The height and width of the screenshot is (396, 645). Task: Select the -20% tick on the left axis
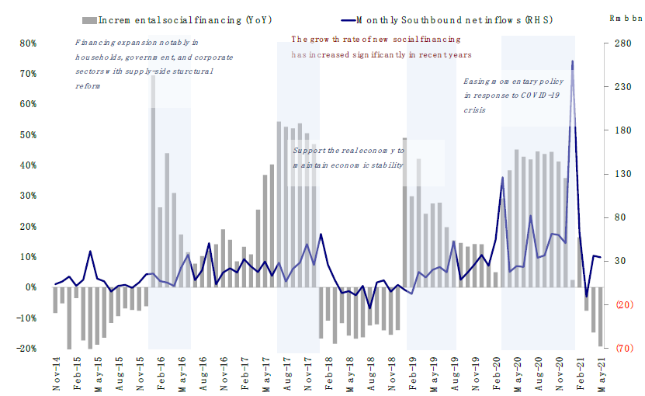(x=26, y=349)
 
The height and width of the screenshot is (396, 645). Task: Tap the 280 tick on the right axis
(x=619, y=43)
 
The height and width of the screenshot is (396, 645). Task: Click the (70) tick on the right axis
(x=619, y=349)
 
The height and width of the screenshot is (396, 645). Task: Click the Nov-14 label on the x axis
(x=56, y=374)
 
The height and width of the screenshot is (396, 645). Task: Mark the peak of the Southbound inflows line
(x=573, y=61)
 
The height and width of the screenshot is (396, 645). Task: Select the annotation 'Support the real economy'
(x=348, y=158)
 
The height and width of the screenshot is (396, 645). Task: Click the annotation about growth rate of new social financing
(x=381, y=47)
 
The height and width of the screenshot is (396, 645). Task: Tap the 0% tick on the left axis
(x=30, y=287)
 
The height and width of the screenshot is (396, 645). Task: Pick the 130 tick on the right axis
(x=619, y=175)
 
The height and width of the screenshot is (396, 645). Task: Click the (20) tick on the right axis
(x=619, y=305)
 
